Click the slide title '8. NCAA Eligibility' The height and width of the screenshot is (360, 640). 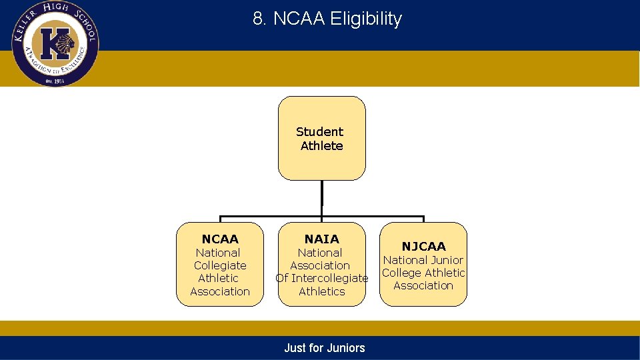(x=327, y=19)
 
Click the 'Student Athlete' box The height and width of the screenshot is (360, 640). (x=321, y=139)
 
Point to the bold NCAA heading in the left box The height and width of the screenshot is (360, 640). (x=220, y=239)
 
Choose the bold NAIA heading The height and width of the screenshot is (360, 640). (x=321, y=239)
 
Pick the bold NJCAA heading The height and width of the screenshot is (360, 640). (x=423, y=247)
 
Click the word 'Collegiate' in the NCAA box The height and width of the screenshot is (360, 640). (x=220, y=265)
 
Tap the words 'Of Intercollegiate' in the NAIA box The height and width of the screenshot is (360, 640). (x=321, y=278)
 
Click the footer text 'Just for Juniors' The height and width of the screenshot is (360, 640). (x=324, y=347)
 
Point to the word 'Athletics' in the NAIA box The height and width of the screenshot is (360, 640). (x=321, y=291)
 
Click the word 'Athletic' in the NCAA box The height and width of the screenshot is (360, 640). (x=218, y=278)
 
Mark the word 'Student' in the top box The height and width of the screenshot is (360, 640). (x=319, y=132)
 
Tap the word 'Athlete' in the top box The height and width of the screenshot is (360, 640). (x=321, y=146)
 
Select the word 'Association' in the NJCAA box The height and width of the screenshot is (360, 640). (x=423, y=285)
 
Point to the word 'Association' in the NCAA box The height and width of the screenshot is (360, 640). (x=220, y=291)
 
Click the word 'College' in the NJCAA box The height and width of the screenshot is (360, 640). (x=402, y=273)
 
